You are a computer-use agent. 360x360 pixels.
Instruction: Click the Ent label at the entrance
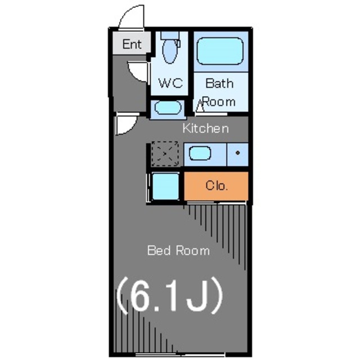coord(132,44)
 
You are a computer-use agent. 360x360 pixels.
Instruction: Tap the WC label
coord(170,83)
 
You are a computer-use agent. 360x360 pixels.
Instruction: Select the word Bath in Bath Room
coord(219,83)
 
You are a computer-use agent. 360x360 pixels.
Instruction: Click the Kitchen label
coord(206,128)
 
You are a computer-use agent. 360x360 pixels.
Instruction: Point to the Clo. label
coord(217,186)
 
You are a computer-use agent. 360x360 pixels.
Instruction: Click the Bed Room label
coord(178,250)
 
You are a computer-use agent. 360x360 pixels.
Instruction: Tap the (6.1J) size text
coord(170,295)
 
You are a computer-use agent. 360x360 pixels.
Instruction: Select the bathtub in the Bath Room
coord(220,51)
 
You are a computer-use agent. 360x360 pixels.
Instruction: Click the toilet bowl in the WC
coord(170,51)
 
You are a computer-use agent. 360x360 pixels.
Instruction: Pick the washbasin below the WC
coord(168,107)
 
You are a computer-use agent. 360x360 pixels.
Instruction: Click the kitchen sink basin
coord(200,154)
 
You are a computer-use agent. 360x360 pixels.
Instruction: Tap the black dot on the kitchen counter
coord(237,152)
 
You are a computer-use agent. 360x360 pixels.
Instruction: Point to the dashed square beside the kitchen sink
coord(165,154)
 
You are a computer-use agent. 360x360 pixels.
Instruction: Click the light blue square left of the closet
coord(165,186)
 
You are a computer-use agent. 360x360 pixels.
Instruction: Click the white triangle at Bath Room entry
coord(200,106)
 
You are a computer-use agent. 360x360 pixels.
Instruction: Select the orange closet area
coord(216,186)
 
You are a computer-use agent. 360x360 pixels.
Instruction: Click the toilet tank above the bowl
coord(170,35)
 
